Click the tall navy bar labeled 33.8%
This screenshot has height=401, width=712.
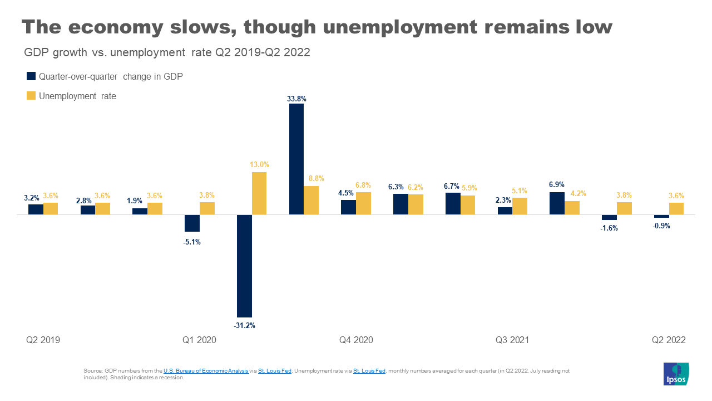(296, 159)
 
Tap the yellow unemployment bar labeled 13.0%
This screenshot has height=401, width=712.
(259, 193)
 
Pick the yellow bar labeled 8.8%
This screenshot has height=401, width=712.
(311, 200)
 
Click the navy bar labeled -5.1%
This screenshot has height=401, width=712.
(192, 223)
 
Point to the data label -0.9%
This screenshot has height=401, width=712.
(661, 226)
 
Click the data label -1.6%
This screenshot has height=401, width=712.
(609, 228)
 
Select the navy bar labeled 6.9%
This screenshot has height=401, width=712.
(557, 203)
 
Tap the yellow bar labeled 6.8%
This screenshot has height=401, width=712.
(363, 203)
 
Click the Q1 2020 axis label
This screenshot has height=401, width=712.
(199, 340)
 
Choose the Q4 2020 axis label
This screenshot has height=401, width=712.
(356, 340)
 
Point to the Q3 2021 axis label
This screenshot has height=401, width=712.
(512, 340)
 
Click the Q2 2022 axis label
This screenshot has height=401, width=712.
(669, 340)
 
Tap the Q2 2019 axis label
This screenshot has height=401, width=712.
(43, 340)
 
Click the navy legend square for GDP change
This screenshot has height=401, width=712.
(31, 77)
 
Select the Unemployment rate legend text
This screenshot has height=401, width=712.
(77, 96)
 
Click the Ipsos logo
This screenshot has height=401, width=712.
(676, 374)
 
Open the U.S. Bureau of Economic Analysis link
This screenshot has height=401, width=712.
(206, 370)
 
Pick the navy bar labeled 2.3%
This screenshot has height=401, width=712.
(505, 211)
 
